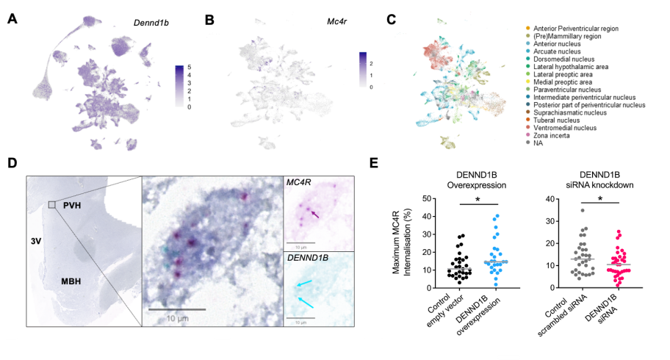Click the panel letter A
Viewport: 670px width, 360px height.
[12, 19]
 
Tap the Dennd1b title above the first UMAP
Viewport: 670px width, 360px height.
[151, 23]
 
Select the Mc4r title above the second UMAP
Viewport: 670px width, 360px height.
[336, 21]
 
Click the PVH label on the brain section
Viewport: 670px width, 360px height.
[72, 206]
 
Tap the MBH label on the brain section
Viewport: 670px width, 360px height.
[71, 281]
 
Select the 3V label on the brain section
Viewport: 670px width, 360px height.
[36, 242]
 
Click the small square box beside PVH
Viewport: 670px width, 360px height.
[51, 205]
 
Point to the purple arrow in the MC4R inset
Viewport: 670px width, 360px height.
[315, 215]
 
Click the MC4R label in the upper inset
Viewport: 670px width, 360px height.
[299, 182]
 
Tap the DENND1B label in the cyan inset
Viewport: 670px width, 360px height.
[308, 258]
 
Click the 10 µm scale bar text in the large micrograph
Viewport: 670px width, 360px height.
[177, 319]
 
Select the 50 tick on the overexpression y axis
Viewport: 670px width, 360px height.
[426, 199]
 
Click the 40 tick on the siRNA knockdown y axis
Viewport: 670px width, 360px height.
[550, 199]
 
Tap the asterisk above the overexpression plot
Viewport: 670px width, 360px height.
[478, 200]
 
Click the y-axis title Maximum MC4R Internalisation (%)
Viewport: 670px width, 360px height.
[401, 242]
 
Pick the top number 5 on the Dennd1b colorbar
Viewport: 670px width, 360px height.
[190, 68]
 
